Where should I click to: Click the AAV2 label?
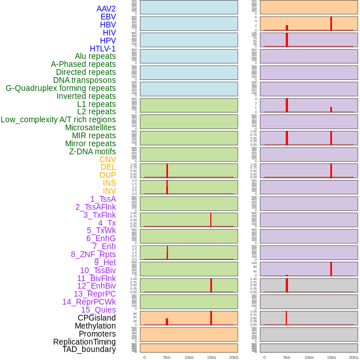[x=106, y=9]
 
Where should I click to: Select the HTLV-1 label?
[x=102, y=49]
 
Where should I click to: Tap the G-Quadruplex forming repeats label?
[x=61, y=88]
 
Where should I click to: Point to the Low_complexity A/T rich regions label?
[x=58, y=119]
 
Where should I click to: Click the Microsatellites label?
[x=90, y=127]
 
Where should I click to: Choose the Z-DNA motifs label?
[x=93, y=151]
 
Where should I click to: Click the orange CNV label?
[x=107, y=159]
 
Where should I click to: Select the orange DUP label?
[x=107, y=175]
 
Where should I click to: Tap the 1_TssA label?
[x=103, y=199]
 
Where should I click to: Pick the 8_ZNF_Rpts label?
[x=93, y=254]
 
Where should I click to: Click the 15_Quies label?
[x=98, y=310]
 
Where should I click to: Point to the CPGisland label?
[x=97, y=318]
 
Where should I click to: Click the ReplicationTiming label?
[x=85, y=342]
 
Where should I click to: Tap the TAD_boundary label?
[x=89, y=349]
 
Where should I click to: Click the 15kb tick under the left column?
[x=211, y=357]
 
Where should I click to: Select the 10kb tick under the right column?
[x=309, y=357]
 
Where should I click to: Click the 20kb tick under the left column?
[x=234, y=357]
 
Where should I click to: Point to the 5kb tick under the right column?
[x=287, y=357]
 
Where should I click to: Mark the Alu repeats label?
[x=95, y=56]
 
